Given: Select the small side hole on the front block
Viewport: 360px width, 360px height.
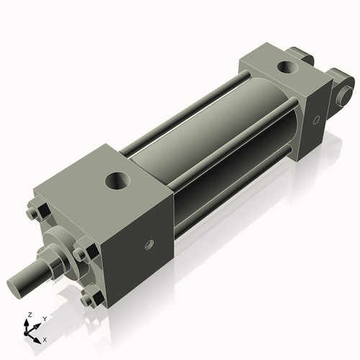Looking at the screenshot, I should (150, 243).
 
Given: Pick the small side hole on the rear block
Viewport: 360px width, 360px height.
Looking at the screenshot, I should (315, 121).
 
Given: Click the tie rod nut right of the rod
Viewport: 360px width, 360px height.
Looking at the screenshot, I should (81, 255).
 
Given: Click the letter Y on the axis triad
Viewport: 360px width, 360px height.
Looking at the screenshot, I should (44, 318).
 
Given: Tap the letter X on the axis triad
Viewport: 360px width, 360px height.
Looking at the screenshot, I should (45, 338).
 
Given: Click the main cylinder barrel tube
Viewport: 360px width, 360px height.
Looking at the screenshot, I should (209, 144).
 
